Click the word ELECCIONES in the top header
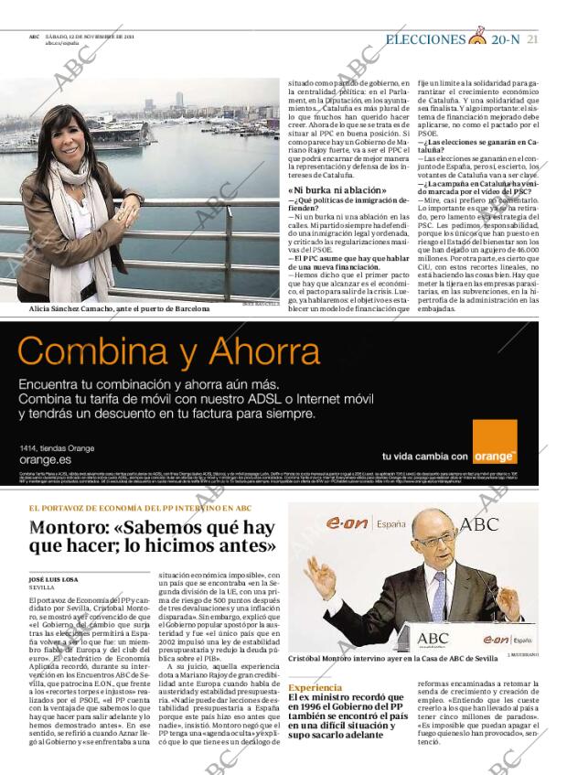[x=425, y=39]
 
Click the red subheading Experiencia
[x=316, y=687]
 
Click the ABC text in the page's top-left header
[x=33, y=37]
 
